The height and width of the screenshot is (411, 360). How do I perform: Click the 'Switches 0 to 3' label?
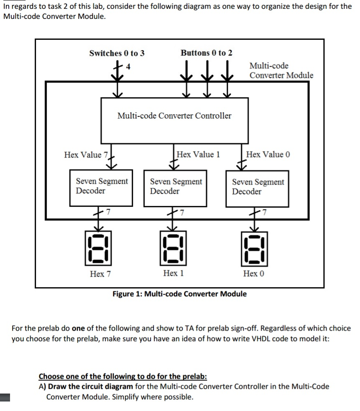coord(117,53)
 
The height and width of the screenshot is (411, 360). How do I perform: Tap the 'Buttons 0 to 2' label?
coord(207,53)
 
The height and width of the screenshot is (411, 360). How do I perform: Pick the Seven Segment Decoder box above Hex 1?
coord(176,188)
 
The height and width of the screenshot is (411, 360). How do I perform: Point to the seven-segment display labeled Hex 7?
coord(98,248)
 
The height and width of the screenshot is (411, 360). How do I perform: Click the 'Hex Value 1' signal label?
coord(198,154)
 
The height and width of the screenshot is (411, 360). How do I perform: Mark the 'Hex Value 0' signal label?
coord(268,154)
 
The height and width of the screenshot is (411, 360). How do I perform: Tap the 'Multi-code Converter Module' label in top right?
coord(281,70)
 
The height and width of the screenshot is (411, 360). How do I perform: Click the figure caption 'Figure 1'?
coord(179,294)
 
